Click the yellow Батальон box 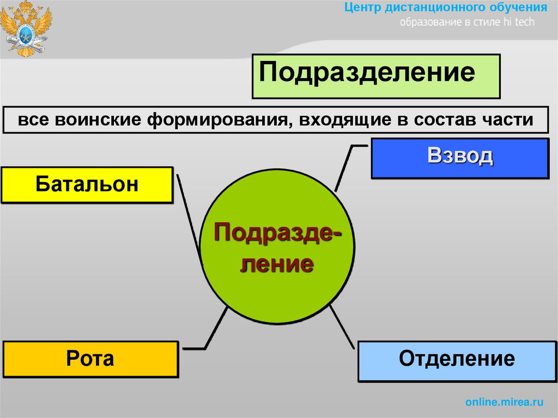click(x=87, y=185)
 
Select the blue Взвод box click(x=460, y=158)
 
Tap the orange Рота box click(x=90, y=359)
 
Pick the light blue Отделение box click(x=457, y=360)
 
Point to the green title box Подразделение click(x=376, y=76)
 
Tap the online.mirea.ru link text click(x=505, y=402)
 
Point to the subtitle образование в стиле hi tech click(x=468, y=22)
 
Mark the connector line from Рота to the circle click(x=215, y=329)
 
